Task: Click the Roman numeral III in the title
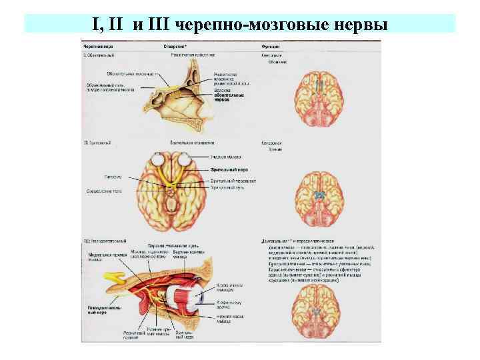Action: coord(158,26)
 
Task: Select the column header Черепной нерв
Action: coord(96,46)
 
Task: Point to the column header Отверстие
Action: coord(176,46)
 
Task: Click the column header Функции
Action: coord(270,46)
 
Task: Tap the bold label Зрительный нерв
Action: coord(229,169)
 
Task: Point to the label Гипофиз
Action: coord(112,177)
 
